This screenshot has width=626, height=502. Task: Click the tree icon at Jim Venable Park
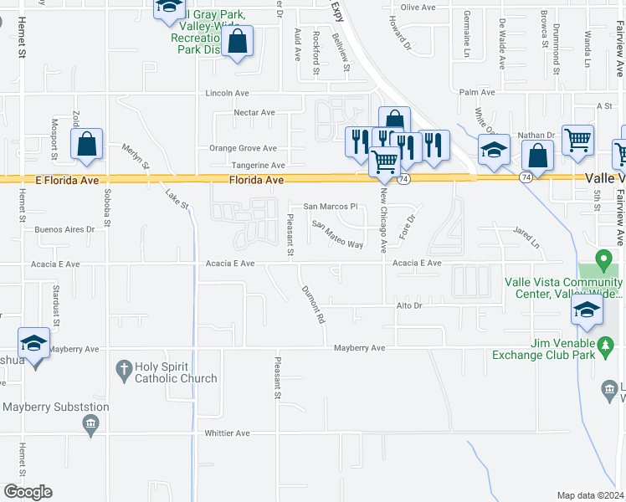pos(603,343)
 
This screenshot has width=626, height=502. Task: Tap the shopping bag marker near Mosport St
pos(87,144)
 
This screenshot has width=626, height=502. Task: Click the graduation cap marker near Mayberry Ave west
pos(34,343)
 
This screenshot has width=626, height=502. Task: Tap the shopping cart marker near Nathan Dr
pos(577,141)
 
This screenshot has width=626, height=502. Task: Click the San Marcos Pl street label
pos(330,206)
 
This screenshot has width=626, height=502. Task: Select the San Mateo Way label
pos(337,235)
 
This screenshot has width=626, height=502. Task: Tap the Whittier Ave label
pos(228,433)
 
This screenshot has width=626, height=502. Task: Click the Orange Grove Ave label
pos(243,147)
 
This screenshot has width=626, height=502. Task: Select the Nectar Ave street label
pos(254,112)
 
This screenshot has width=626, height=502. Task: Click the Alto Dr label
pos(408,306)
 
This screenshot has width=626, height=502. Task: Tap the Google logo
pos(28,492)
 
